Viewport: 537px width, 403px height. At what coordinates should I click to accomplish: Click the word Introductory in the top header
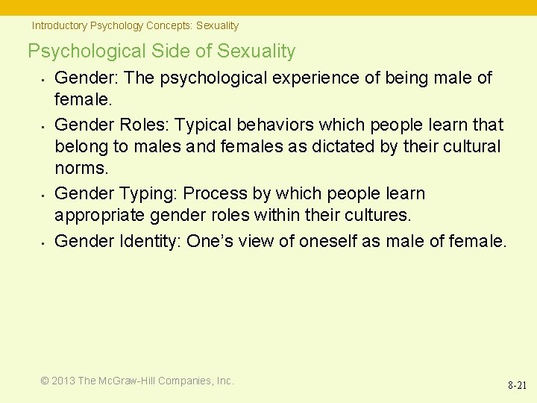click(x=59, y=25)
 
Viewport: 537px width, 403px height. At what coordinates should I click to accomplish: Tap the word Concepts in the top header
click(x=169, y=25)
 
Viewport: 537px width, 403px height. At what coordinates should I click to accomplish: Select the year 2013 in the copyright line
click(x=63, y=381)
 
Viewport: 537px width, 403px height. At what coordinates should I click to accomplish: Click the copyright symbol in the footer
click(x=45, y=381)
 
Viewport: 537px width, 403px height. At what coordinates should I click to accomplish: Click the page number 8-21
click(x=517, y=386)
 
